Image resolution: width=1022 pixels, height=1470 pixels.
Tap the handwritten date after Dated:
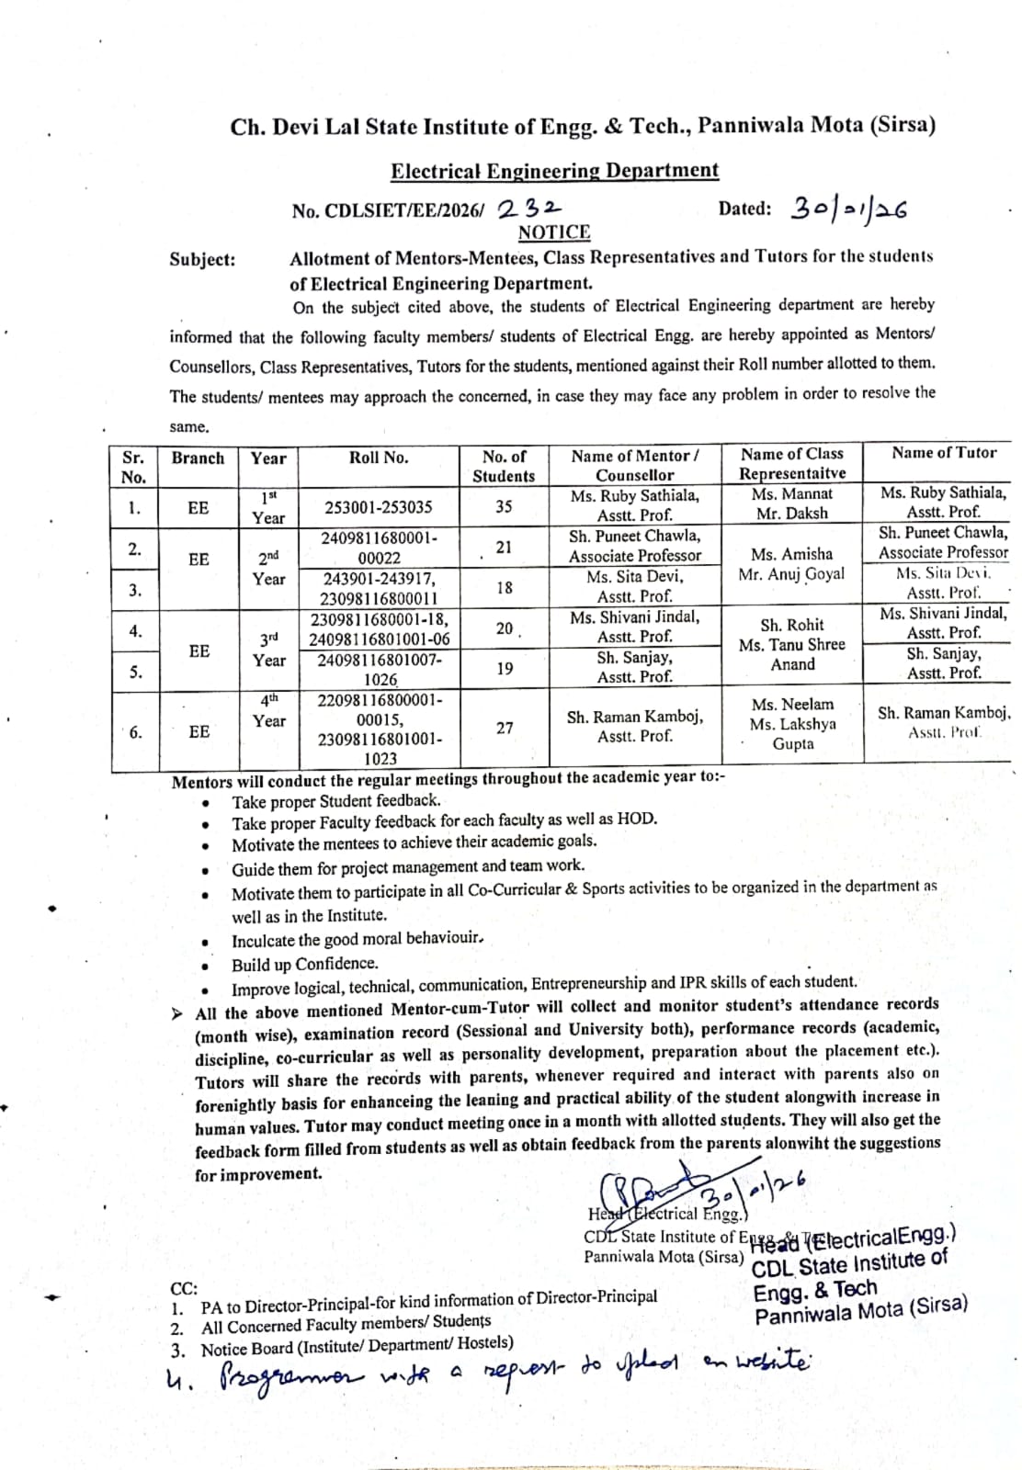point(848,209)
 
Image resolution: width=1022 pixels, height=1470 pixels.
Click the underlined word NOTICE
point(553,232)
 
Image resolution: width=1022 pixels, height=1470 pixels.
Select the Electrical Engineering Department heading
point(554,171)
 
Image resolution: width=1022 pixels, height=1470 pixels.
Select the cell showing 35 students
point(504,506)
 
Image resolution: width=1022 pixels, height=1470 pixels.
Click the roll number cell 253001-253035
point(378,507)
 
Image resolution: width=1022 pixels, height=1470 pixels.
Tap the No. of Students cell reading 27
point(505,728)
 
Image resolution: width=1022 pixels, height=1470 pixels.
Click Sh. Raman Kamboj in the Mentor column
point(635,718)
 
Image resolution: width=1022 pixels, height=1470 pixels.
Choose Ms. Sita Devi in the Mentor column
point(635,577)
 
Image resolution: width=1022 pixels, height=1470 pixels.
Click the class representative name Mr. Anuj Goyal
point(792,575)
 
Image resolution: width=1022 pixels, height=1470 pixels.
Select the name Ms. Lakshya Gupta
point(792,734)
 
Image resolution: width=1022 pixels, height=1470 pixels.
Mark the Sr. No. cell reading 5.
point(135,672)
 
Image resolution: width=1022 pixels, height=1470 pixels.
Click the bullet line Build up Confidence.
point(304,964)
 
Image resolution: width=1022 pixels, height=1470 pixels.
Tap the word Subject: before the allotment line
point(202,260)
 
